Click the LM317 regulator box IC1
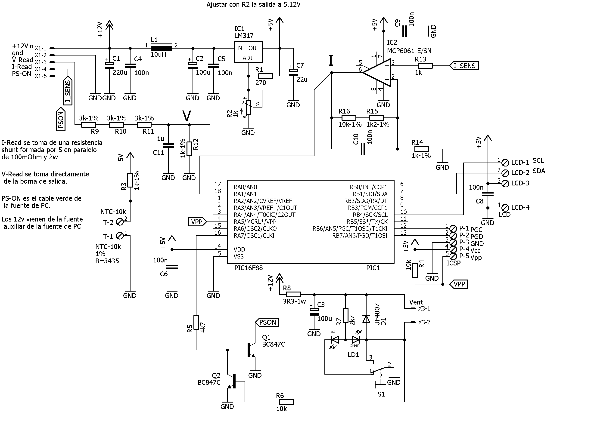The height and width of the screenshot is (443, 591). [248, 52]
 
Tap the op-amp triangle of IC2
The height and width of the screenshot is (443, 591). [377, 73]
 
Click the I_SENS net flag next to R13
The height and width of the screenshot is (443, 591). [464, 66]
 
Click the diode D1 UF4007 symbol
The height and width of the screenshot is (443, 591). [366, 319]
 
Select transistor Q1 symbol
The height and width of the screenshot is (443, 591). [251, 350]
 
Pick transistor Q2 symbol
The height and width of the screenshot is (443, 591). [232, 381]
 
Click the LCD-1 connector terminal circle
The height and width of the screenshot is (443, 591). [505, 162]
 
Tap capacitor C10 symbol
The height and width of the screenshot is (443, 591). [363, 149]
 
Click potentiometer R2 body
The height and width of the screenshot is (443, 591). [248, 107]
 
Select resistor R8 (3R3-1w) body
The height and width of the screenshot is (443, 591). [293, 295]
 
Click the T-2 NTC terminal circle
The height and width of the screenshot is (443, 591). [121, 222]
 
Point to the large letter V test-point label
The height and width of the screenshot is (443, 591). [187, 116]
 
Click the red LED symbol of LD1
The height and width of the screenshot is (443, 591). [335, 340]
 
